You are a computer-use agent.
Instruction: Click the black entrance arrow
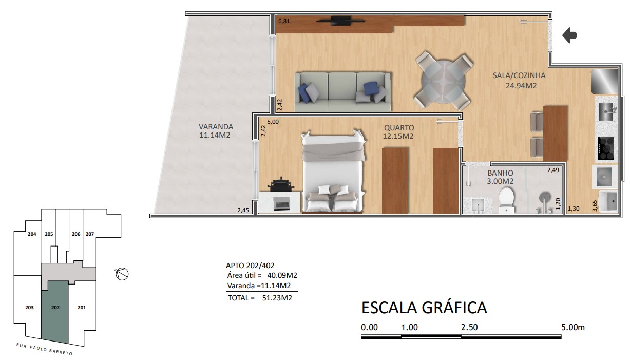(569, 35)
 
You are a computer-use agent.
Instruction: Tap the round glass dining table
(443, 81)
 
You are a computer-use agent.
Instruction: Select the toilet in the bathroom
(506, 200)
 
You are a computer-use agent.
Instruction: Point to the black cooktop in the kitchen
(605, 148)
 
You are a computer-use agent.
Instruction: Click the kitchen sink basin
(606, 112)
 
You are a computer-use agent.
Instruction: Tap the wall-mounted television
(340, 21)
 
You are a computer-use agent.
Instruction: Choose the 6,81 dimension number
(284, 21)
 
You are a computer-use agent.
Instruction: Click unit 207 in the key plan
(90, 234)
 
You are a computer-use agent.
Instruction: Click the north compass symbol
(122, 274)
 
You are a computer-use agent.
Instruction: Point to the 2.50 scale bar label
(469, 327)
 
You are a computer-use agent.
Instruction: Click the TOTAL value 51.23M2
(277, 298)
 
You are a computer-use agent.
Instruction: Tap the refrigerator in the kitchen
(605, 81)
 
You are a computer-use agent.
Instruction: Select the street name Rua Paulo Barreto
(45, 349)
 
